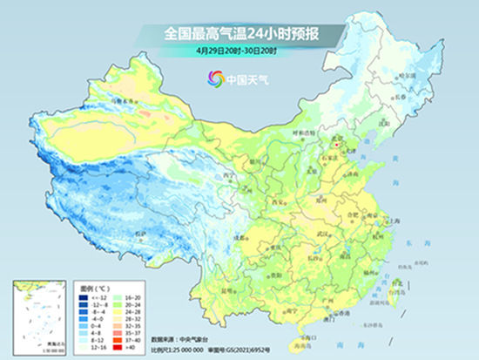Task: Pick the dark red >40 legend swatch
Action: pos(112,348)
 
